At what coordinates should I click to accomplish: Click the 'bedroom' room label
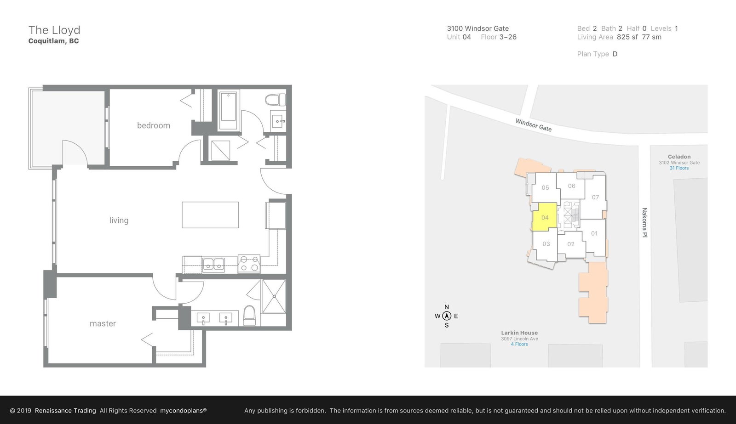click(154, 125)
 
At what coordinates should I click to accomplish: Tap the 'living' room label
click(119, 220)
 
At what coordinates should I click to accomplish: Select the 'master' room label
click(103, 323)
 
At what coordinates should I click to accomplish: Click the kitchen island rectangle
click(210, 215)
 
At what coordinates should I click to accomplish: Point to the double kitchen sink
click(213, 264)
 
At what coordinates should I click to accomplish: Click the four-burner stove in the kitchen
click(249, 264)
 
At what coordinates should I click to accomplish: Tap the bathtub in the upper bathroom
click(228, 110)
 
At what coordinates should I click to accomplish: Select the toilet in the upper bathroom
click(276, 100)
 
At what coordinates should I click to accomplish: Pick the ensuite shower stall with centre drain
click(274, 296)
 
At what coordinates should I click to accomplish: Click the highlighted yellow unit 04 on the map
click(545, 217)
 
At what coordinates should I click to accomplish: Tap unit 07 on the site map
click(595, 197)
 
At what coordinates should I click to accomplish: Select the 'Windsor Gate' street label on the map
click(533, 125)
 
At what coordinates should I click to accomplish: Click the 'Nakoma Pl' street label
click(644, 222)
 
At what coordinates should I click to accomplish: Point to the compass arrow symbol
click(447, 316)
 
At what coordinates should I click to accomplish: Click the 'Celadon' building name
click(679, 157)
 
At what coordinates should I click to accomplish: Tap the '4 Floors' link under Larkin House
click(519, 344)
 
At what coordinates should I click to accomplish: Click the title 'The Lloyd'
click(54, 30)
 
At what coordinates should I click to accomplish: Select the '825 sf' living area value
click(627, 37)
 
